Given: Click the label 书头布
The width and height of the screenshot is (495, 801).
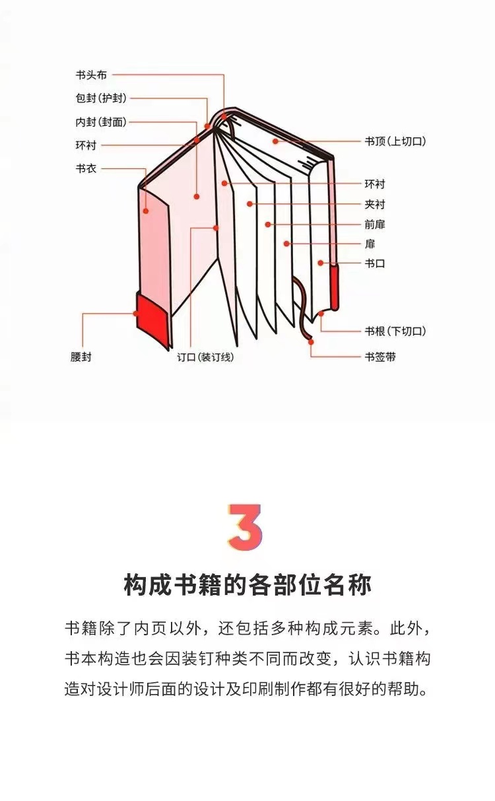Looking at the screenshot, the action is pos(91,75).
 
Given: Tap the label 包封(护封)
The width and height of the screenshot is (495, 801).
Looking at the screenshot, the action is pos(101,98).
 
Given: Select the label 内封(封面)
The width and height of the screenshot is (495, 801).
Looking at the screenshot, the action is pos(101,122).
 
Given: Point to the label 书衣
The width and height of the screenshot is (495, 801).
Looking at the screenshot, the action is pos(86,168).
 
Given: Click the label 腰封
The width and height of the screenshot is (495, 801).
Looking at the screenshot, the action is pos(81,357).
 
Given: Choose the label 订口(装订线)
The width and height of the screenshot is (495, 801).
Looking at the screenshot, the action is pos(205,357).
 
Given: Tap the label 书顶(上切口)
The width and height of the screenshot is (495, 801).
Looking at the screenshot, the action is pos(395,141).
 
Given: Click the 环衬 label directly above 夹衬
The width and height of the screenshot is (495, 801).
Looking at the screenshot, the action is pos(375,184).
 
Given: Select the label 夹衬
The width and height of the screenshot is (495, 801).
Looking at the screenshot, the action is pos(375,205).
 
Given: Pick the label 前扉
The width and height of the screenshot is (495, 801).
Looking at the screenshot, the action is pos(375,225).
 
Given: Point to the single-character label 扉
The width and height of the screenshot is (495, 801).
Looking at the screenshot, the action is pos(370,244).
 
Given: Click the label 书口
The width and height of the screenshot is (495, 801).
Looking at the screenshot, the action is pos(375,263).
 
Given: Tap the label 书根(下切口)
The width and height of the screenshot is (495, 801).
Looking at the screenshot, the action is pos(395,331).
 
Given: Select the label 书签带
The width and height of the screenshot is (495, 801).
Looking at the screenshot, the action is pos(380,357).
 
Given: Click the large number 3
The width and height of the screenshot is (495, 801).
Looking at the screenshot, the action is pos(246,526).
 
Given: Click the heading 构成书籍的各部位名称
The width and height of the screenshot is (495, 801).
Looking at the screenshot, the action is pos(247,584).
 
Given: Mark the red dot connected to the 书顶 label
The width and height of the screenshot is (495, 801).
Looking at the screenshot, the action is pos(275,141).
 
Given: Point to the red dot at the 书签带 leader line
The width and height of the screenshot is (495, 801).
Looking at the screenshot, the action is pos(311,342).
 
